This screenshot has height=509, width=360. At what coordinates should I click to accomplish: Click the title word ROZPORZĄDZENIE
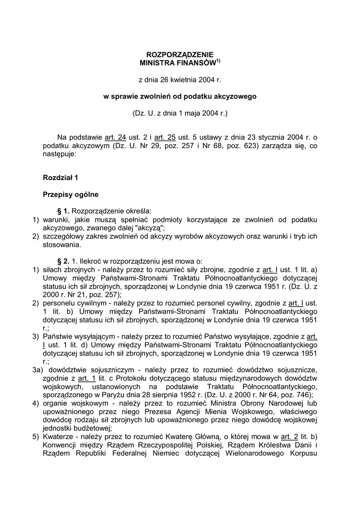point(180,55)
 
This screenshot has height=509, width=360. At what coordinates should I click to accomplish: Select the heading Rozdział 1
point(60,177)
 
